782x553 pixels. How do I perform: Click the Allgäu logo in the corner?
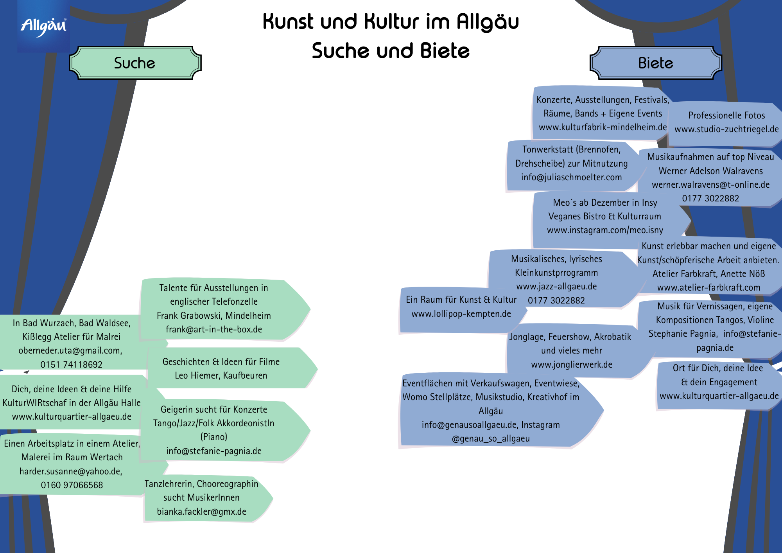pyautogui.click(x=43, y=27)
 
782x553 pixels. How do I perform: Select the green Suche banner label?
pyautogui.click(x=135, y=63)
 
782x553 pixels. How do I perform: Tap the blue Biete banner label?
pyautogui.click(x=655, y=63)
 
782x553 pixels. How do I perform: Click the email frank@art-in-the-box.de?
pyautogui.click(x=213, y=329)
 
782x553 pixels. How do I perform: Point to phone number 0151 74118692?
pyautogui.click(x=71, y=364)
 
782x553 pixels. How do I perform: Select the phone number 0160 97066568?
pyautogui.click(x=72, y=485)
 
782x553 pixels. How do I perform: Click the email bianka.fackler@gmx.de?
pyautogui.click(x=201, y=512)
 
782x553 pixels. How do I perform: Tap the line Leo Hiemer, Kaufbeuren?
pyautogui.click(x=221, y=375)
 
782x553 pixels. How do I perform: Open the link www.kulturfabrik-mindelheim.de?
pyautogui.click(x=603, y=127)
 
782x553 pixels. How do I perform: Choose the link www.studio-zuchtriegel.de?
pyautogui.click(x=726, y=129)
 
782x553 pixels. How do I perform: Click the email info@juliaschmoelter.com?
pyautogui.click(x=571, y=177)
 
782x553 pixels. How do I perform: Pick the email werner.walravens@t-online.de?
pyautogui.click(x=710, y=185)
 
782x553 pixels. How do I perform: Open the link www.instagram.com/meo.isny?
pyautogui.click(x=605, y=230)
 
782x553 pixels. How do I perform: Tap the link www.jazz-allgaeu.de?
pyautogui.click(x=556, y=286)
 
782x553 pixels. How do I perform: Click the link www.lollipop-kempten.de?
pyautogui.click(x=461, y=314)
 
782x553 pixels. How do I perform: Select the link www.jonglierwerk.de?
pyautogui.click(x=571, y=364)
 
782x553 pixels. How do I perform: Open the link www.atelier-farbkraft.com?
pyautogui.click(x=708, y=287)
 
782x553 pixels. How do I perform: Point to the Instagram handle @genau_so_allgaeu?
pyautogui.click(x=491, y=438)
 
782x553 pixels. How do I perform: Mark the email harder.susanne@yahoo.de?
pyautogui.click(x=70, y=471)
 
